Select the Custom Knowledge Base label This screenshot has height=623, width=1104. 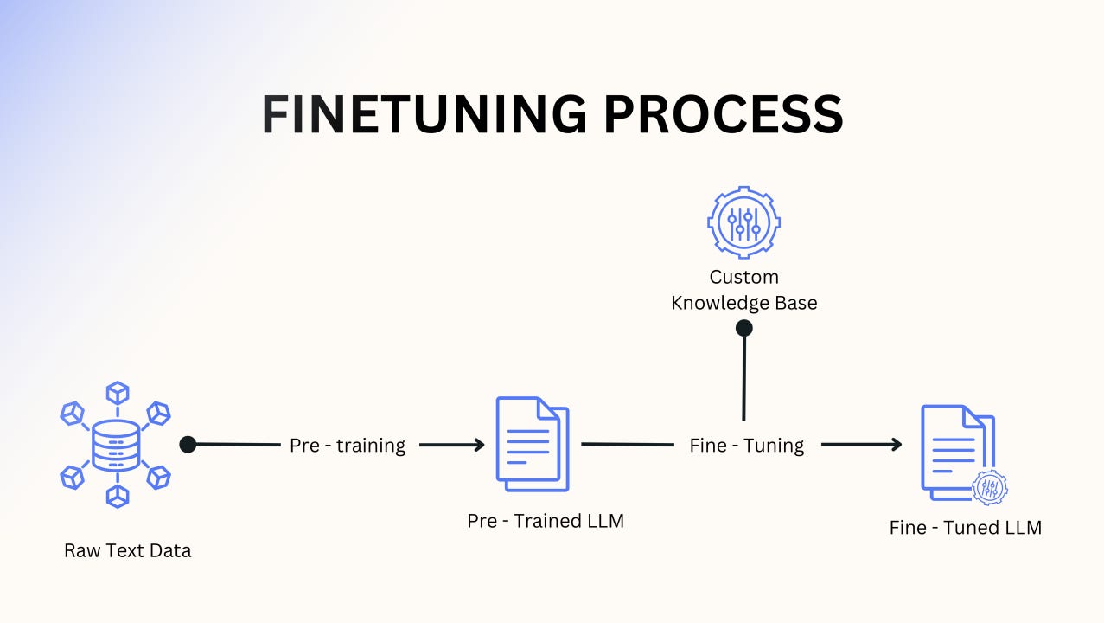point(743,290)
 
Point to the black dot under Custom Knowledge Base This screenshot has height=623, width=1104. point(743,328)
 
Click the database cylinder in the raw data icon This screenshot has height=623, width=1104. point(116,446)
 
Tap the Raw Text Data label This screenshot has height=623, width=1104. point(128,550)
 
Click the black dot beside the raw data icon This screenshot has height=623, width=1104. point(188,444)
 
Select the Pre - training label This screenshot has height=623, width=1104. point(348,446)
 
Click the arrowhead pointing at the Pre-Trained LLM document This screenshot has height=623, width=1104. point(477,445)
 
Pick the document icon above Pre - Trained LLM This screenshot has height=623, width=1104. point(532,443)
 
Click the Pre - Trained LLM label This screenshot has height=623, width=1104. point(546,521)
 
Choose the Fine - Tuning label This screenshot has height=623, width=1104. point(747,446)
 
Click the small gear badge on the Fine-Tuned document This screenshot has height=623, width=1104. point(989,487)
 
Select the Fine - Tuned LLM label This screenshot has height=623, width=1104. point(966,527)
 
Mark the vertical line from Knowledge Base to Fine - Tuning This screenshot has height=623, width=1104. point(743,376)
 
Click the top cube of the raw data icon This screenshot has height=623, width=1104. point(117,393)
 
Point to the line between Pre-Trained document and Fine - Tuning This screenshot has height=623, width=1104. point(627,444)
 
